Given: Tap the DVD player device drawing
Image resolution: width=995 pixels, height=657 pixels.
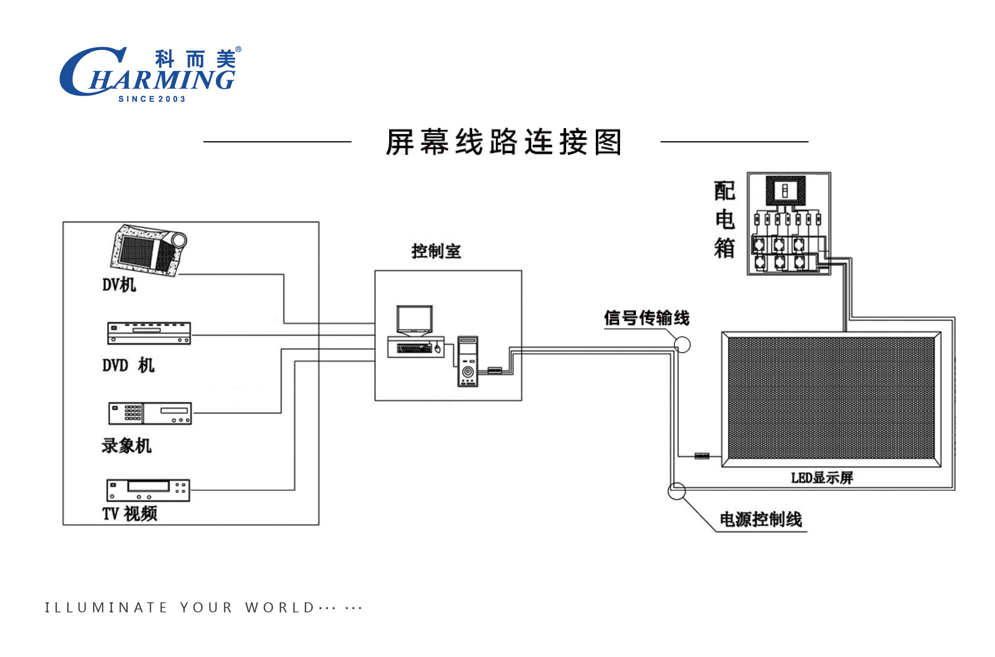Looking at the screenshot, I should click(x=149, y=333).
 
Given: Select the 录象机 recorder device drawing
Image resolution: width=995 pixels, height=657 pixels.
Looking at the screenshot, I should click(x=149, y=413).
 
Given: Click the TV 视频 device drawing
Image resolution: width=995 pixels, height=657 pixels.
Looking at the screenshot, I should click(x=148, y=490).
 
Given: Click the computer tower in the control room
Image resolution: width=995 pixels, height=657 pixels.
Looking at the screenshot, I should click(x=467, y=361).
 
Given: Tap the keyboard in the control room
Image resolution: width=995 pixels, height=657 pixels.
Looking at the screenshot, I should click(x=414, y=348).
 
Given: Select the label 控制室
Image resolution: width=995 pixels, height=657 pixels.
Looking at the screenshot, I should click(x=436, y=251).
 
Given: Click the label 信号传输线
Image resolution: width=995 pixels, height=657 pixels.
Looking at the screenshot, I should click(x=646, y=318).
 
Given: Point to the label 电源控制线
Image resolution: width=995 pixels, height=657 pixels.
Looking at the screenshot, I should click(x=760, y=520).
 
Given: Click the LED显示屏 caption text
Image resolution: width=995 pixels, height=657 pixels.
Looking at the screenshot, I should click(x=821, y=478).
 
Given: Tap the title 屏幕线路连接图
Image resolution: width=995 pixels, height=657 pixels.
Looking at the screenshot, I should click(x=503, y=142).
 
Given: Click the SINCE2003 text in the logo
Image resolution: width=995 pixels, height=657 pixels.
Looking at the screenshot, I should click(x=152, y=99).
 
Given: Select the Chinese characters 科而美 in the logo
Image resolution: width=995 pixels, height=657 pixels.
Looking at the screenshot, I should click(x=195, y=59).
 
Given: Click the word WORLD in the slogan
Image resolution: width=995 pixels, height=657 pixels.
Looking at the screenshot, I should click(x=279, y=607).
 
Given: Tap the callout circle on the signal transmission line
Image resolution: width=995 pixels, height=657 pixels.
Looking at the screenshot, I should click(x=682, y=344).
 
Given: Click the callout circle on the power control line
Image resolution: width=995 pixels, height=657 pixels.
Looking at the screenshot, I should click(x=676, y=490).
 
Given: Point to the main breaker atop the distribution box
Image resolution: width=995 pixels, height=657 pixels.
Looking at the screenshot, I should click(x=785, y=191).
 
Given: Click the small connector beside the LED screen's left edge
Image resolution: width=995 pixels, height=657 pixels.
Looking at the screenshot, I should click(x=701, y=456).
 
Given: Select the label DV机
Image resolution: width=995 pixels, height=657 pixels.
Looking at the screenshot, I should click(x=119, y=285).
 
